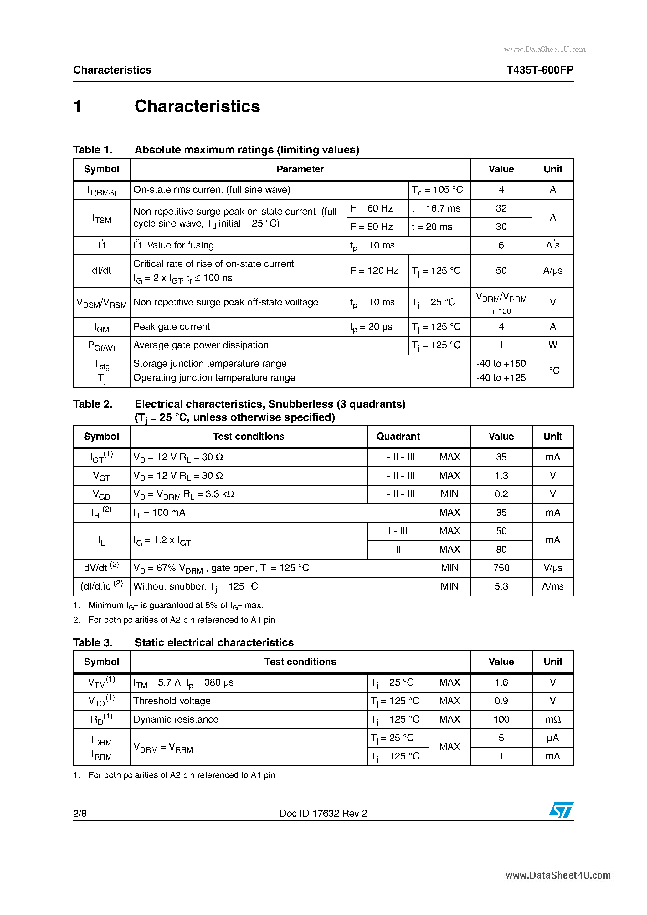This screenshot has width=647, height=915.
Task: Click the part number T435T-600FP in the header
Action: pos(539,70)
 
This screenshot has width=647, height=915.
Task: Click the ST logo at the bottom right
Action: pos(561,810)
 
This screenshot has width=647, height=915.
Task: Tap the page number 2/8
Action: pos(80,813)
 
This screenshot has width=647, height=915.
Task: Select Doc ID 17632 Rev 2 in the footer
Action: pos(323,813)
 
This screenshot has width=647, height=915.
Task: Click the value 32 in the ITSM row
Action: pos(501,208)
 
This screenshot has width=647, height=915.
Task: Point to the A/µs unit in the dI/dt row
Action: pos(552,271)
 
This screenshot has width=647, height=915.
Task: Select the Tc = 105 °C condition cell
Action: pos(437,190)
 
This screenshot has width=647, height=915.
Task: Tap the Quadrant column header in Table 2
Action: pos(398,437)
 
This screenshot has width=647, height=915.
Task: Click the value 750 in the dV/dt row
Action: pos(501,568)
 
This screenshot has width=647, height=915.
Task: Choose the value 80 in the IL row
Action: pos(501,550)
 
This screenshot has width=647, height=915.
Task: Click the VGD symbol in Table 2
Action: pos(101,494)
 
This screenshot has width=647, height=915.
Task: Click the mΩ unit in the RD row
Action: pos(552,719)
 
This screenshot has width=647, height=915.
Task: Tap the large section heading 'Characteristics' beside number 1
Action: pos(197,106)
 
